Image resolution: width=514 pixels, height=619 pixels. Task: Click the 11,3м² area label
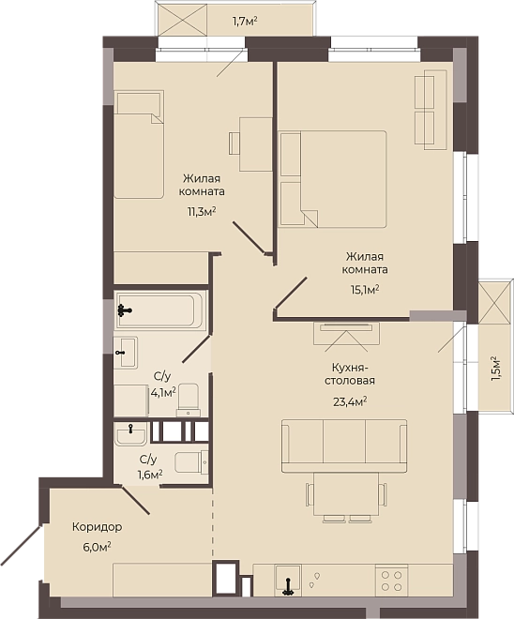[x=202, y=212]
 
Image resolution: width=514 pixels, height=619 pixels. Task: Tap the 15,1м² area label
[x=365, y=290]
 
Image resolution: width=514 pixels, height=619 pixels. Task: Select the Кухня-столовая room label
[x=350, y=374]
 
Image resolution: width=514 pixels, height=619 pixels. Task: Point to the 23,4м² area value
[x=350, y=402]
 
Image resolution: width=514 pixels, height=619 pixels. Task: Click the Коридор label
[x=98, y=527]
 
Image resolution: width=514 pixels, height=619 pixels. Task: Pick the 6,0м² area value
[x=97, y=548]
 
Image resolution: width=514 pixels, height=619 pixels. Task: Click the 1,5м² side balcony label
[x=496, y=369]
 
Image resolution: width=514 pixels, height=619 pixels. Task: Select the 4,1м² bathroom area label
[x=163, y=393]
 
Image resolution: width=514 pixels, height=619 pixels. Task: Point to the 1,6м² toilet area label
[x=150, y=475]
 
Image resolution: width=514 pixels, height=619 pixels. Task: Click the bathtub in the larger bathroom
[x=160, y=310]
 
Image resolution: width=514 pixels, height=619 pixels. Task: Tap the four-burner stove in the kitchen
[x=392, y=581]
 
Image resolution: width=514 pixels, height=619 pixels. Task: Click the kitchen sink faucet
[x=288, y=586]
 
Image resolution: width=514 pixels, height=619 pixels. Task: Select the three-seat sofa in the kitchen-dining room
[x=344, y=445]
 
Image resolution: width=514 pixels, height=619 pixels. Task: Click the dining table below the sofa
[x=346, y=494]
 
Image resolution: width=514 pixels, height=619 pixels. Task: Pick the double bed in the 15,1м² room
[x=332, y=179]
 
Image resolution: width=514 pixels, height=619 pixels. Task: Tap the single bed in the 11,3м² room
[x=139, y=144]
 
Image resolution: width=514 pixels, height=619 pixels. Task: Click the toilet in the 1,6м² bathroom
[x=191, y=461]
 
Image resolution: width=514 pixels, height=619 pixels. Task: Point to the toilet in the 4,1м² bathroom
[x=188, y=400]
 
